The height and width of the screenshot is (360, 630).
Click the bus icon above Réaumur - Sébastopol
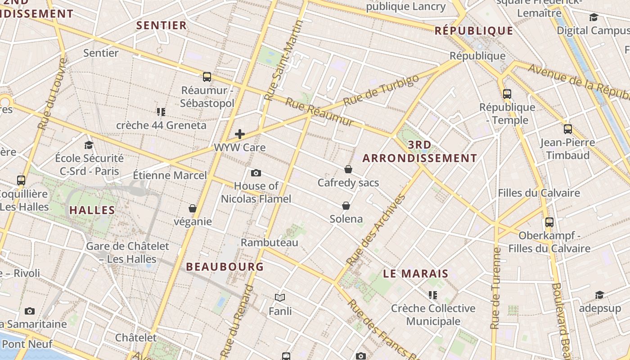207,77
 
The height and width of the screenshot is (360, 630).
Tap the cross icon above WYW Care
240,134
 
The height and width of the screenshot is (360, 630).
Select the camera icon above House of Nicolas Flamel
256,173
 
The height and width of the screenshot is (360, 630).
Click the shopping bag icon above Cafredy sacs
348,169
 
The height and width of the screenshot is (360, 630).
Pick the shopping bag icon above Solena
346,206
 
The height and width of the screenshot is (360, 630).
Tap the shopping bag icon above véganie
193,208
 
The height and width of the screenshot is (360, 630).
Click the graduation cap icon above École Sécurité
89,145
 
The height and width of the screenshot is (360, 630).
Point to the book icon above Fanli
280,297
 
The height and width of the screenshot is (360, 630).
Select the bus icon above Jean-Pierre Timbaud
568,129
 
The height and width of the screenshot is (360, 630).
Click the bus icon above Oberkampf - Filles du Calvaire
549,222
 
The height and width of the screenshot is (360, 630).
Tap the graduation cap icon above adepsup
599,295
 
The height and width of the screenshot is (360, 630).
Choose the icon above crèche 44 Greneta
161,112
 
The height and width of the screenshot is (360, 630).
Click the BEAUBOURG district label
225,266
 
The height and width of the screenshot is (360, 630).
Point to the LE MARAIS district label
416,274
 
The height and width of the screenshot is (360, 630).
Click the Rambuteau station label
270,243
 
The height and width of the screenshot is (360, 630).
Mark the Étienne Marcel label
170,175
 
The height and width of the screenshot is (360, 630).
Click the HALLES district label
92,210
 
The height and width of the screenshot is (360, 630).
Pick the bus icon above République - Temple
507,94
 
